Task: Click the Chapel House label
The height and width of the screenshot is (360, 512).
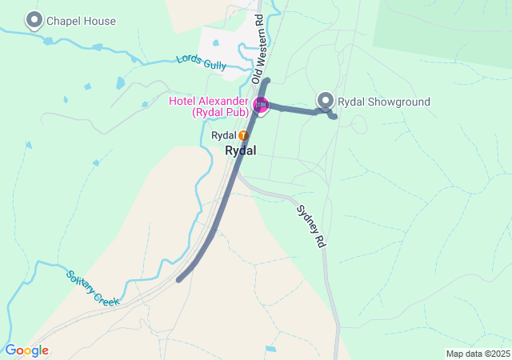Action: [81, 22]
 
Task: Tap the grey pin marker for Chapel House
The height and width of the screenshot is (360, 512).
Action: [34, 19]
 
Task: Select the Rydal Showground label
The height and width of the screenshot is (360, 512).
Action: [384, 102]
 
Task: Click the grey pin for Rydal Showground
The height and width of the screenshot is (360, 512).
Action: [326, 100]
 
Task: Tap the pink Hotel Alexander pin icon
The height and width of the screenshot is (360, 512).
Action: [261, 105]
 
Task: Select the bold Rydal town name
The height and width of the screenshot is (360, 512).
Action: [241, 150]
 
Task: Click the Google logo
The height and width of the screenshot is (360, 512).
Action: [26, 350]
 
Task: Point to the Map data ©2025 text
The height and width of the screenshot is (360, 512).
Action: [478, 354]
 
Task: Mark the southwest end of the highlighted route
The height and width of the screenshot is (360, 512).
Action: [179, 279]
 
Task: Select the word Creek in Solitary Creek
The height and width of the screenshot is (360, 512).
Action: [106, 296]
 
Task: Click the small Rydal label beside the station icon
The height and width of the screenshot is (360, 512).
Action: [223, 136]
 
